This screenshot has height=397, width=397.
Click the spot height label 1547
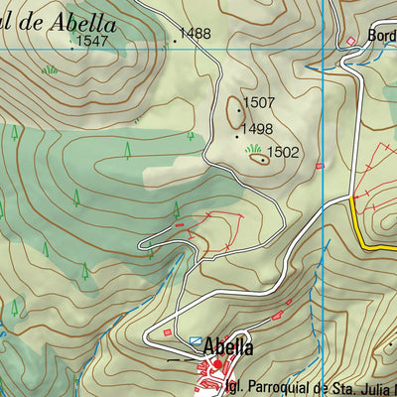[91, 41]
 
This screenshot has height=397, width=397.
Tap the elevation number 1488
[196, 34]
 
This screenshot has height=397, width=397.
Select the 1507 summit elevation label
[259, 102]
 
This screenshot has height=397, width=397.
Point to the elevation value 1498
[257, 129]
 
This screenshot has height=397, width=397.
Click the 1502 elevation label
[283, 153]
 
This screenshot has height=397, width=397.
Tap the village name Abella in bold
[228, 347]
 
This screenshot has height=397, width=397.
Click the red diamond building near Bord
[349, 41]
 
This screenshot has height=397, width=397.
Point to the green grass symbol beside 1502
[253, 149]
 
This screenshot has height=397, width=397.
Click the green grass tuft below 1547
[49, 69]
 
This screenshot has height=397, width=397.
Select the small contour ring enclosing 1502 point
[260, 157]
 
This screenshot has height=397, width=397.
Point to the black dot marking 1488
[176, 41]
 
